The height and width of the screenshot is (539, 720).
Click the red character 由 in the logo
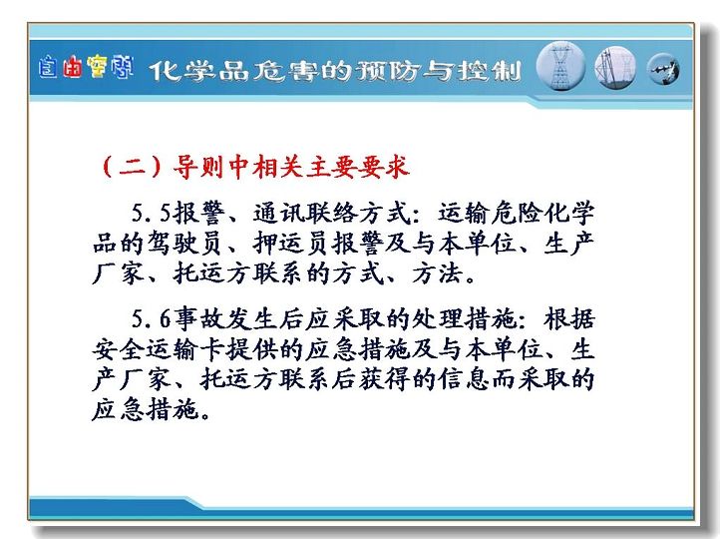pos(73,69)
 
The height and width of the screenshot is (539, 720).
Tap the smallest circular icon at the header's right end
pos(663,70)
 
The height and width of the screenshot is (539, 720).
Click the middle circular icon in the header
pos(615,68)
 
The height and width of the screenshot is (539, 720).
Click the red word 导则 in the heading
pos(197,167)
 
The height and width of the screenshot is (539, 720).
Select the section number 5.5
pos(151,213)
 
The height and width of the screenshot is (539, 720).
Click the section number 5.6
pos(151,318)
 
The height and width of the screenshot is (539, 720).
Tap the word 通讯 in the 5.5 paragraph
pos(279,213)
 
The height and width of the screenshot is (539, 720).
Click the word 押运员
pos(290,244)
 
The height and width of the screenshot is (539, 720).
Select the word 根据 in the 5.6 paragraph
pos(569,318)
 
